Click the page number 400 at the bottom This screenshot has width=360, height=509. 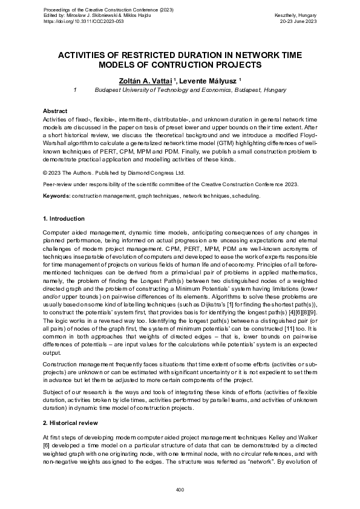coord(180,489)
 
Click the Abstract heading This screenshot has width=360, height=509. coord(55,112)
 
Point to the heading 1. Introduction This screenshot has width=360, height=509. coord(64,218)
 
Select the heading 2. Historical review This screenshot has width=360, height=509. coord(70,423)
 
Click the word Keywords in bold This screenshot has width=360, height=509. coord(56,196)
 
